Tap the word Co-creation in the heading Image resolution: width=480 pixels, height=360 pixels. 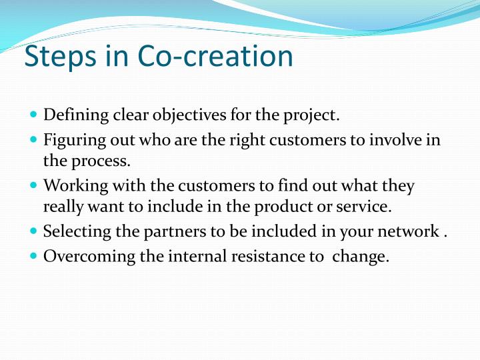tap(215, 56)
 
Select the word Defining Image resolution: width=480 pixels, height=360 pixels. tap(76, 115)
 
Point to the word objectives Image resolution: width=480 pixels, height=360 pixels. tap(189, 116)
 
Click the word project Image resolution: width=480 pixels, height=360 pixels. tap(311, 116)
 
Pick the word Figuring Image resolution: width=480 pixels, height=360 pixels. tap(75, 141)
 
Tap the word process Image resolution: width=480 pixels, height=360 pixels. tap(101, 161)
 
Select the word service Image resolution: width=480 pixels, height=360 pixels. tap(364, 207)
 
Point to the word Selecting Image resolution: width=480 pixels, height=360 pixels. tap(77, 232)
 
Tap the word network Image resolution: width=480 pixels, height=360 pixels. tap(409, 231)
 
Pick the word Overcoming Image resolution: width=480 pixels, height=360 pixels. tap(89, 257)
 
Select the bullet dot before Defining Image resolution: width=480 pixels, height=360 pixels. tap(34, 115)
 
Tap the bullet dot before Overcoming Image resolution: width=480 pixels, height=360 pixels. tap(34, 255)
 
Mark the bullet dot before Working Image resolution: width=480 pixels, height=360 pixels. tap(34, 185)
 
